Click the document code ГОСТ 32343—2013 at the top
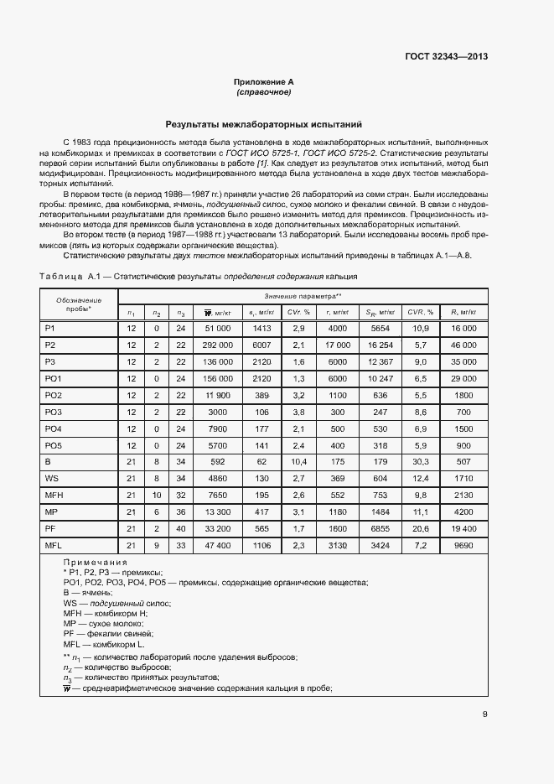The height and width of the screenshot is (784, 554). [446, 57]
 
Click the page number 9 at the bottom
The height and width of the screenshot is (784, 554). [485, 714]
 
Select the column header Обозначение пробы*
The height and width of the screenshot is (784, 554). [79, 304]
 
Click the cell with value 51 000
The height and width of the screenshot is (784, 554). [218, 328]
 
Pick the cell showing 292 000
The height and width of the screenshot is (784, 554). [218, 345]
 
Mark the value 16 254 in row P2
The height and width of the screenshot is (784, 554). [380, 345]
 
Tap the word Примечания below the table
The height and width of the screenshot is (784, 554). [95, 563]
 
